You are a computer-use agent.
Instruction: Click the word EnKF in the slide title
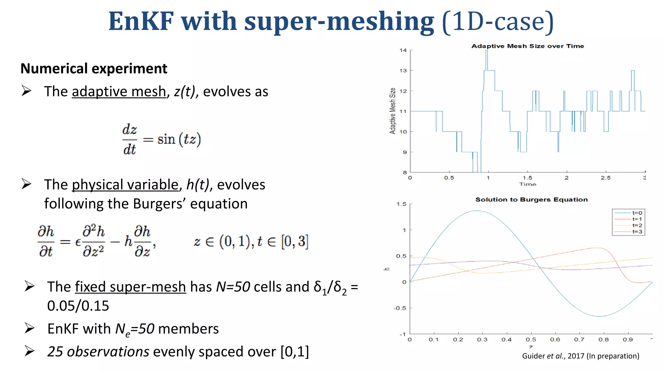[x=141, y=21]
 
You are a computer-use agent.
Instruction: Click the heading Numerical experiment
[x=94, y=69]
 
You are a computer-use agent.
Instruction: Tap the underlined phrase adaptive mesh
[x=119, y=92]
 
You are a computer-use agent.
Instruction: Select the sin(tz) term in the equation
[x=179, y=140]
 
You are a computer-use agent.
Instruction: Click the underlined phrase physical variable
[x=125, y=185]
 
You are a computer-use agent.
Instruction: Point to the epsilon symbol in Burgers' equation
[x=78, y=242]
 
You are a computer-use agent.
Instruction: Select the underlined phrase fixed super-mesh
[x=130, y=287]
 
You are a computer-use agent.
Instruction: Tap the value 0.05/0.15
[x=78, y=306]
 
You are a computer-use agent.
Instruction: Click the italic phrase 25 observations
[x=98, y=352]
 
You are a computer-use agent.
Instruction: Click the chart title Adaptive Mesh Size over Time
[x=527, y=46]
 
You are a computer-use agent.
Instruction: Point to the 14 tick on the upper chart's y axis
[x=403, y=50]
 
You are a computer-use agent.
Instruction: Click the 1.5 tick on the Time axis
[x=527, y=178]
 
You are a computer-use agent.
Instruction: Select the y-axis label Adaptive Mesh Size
[x=392, y=111]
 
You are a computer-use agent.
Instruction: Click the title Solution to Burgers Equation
[x=531, y=199]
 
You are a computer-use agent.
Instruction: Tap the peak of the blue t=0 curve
[x=477, y=211]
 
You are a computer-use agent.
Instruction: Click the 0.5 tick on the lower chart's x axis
[x=531, y=340]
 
